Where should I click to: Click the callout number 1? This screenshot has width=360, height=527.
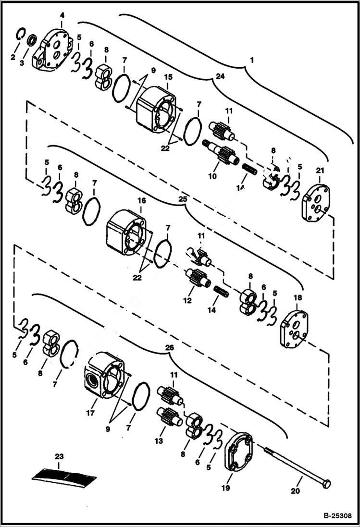251,61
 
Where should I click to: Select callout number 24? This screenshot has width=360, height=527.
220,76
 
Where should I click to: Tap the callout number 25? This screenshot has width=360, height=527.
181,198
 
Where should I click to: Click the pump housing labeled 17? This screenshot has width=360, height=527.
105,375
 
